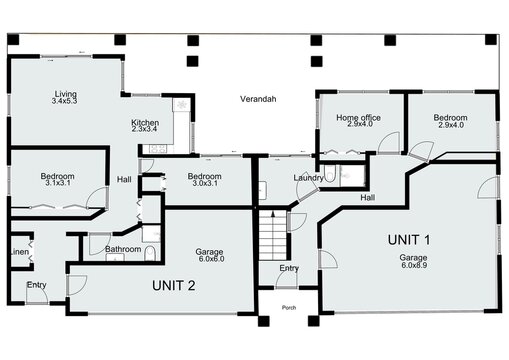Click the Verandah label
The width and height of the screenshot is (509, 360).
click(x=257, y=100)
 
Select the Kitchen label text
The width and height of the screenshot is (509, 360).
click(x=145, y=123)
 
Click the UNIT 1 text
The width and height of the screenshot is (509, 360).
click(x=409, y=239)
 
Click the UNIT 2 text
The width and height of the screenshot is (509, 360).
click(x=173, y=285)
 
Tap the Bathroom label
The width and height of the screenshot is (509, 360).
click(x=123, y=248)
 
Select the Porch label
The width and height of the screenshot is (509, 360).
click(x=289, y=307)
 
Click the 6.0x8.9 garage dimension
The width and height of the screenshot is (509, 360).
click(x=414, y=265)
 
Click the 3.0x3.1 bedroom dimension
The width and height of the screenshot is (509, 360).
click(x=205, y=184)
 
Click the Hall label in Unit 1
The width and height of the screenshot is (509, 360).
click(x=367, y=198)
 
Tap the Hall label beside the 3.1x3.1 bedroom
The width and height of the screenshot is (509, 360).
click(x=124, y=179)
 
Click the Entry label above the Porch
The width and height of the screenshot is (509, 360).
click(x=289, y=268)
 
